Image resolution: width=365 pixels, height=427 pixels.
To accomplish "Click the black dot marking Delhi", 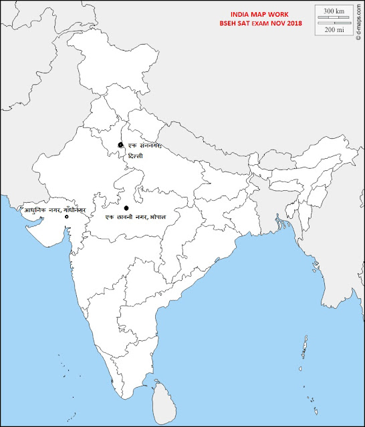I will [120, 145].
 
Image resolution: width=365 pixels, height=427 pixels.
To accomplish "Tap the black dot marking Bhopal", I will [126, 208].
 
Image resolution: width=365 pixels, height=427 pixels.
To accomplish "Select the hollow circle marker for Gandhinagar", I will [66, 218].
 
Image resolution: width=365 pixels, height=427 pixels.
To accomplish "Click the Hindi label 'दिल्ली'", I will [136, 155].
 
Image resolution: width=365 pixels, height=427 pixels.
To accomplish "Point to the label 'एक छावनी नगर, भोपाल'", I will [136, 218].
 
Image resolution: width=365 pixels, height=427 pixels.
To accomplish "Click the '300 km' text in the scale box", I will [334, 12].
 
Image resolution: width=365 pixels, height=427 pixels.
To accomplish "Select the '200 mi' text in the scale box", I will [334, 30].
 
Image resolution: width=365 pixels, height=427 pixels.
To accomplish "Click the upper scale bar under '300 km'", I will [334, 18].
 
